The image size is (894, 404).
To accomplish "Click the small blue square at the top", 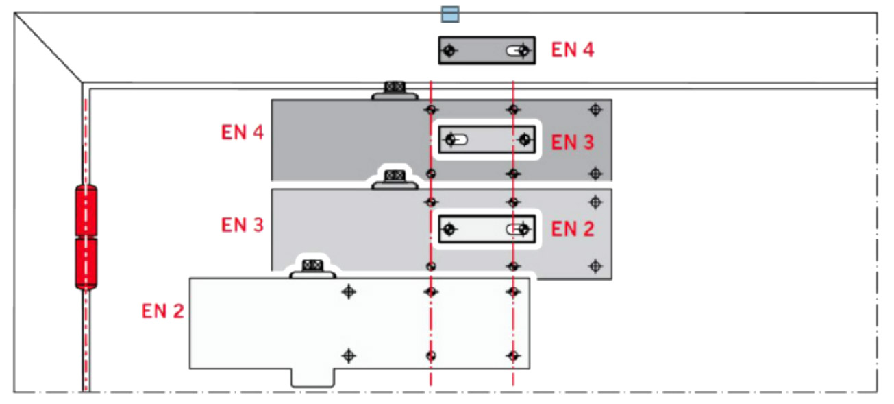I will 449,14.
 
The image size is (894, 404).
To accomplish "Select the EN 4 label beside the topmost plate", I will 573,50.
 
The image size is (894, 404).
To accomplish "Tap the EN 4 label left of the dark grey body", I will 242,132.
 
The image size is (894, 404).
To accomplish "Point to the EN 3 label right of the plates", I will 573,142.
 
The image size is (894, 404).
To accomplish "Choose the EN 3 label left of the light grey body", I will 242,224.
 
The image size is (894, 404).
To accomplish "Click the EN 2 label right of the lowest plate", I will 573,229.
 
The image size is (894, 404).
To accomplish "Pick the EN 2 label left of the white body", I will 163,311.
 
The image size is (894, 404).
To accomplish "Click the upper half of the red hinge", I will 86,210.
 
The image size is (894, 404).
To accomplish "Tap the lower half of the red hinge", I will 86,263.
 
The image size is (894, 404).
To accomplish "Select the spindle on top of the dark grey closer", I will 393,88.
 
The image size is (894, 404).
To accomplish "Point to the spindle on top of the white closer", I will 312,265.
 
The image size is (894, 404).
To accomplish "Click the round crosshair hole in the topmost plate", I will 449,50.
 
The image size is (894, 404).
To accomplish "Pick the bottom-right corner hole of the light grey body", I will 595,265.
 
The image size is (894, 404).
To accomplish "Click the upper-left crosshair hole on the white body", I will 349,292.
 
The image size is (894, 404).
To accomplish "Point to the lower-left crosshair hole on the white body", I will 349,355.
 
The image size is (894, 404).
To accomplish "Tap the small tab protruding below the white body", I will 312,378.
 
